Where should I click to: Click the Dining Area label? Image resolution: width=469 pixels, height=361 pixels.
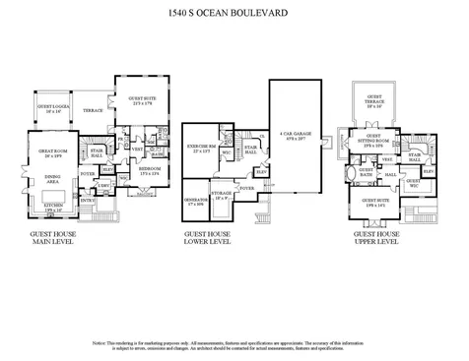[x=52, y=179]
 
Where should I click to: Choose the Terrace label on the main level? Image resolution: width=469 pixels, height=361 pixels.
[x=93, y=111]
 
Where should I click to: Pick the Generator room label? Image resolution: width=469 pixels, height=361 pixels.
[x=193, y=204]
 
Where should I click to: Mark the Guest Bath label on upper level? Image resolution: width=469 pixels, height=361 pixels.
[x=366, y=172]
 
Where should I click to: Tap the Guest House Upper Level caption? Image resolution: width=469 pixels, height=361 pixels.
[x=380, y=241]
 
